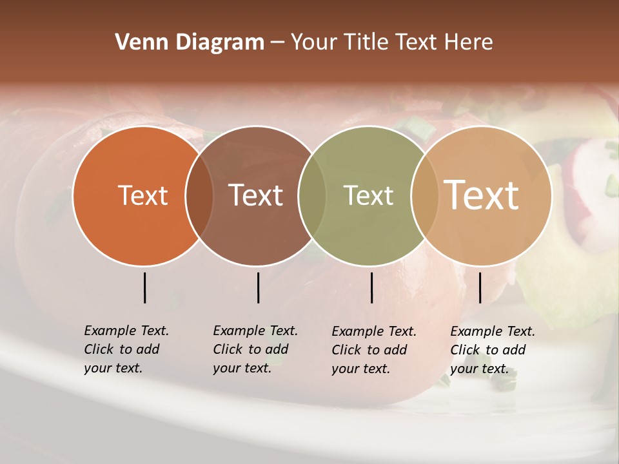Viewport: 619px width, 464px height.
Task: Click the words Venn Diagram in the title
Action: pyautogui.click(x=190, y=43)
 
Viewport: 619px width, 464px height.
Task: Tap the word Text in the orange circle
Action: pyautogui.click(x=142, y=195)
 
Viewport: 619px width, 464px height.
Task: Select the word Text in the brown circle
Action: pyautogui.click(x=255, y=195)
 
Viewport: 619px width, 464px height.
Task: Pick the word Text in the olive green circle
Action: pyautogui.click(x=368, y=195)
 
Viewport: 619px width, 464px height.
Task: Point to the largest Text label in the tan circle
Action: pyautogui.click(x=482, y=195)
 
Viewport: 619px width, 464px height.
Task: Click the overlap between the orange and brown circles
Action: pyautogui.click(x=199, y=196)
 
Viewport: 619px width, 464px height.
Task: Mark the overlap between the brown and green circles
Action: pyautogui.click(x=312, y=196)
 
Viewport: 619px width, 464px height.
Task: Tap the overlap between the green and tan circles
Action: pyautogui.click(x=424, y=196)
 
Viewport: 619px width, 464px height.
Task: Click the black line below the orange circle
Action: pyautogui.click(x=144, y=287)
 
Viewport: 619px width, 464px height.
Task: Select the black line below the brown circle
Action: pyautogui.click(x=258, y=287)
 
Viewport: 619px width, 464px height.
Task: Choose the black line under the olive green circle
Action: pyautogui.click(x=371, y=287)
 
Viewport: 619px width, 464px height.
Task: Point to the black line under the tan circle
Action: pyautogui.click(x=480, y=287)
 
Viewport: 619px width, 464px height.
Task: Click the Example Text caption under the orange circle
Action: pyautogui.click(x=126, y=349)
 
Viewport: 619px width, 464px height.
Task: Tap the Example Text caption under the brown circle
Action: pyautogui.click(x=255, y=349)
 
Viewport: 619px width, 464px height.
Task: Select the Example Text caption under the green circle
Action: pyautogui.click(x=374, y=350)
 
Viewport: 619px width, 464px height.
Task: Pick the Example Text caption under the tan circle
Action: pyautogui.click(x=493, y=350)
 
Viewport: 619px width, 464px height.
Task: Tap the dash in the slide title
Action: pyautogui.click(x=277, y=43)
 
